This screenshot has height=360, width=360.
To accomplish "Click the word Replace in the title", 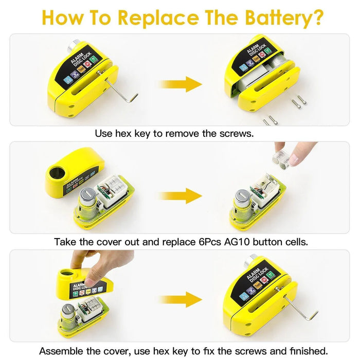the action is (158, 17).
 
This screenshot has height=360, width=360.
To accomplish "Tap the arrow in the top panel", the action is (181, 84).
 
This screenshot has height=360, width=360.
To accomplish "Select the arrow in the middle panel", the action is (181, 195).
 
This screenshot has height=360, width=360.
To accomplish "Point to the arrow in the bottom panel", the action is (181, 299).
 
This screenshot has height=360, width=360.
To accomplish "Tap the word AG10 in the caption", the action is (237, 242).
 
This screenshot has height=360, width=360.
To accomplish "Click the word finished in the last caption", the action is (309, 351).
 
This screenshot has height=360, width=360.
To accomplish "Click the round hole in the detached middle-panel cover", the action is (57, 172).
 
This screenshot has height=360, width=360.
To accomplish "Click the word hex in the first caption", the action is (124, 134).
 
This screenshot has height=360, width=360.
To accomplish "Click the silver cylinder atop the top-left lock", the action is (73, 45).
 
